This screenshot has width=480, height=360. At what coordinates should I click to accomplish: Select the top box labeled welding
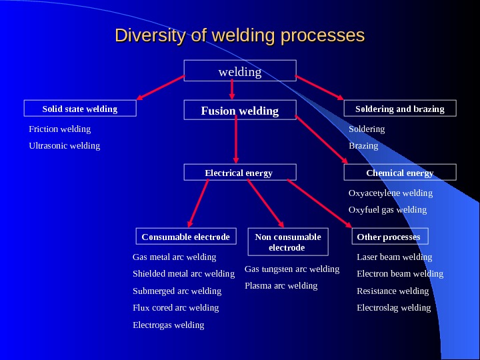(240, 71)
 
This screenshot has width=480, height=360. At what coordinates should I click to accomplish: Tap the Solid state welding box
(80, 109)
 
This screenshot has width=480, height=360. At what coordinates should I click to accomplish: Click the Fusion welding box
(240, 111)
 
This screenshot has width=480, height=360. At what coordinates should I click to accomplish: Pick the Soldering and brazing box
(400, 109)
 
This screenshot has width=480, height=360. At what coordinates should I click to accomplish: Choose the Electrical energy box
(239, 173)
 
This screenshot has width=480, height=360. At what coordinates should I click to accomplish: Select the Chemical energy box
(400, 173)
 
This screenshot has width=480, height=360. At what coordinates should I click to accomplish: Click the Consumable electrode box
(186, 237)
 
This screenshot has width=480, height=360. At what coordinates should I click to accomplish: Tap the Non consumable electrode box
(287, 242)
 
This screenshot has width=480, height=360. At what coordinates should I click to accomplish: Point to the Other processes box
(389, 237)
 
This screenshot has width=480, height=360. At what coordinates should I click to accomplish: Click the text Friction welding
(60, 129)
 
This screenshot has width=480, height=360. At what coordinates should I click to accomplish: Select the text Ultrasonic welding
(65, 145)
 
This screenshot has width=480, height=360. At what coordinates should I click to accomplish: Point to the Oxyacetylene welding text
(391, 193)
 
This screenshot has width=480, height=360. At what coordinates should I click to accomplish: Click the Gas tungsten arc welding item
(292, 269)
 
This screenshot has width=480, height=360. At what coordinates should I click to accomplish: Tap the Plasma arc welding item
(281, 285)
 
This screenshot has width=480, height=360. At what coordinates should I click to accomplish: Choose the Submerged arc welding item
(177, 291)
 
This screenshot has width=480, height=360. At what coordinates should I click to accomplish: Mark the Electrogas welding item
(169, 325)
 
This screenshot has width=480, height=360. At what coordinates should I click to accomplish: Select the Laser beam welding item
(395, 257)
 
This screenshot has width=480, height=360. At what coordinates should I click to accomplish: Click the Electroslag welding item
(394, 307)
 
